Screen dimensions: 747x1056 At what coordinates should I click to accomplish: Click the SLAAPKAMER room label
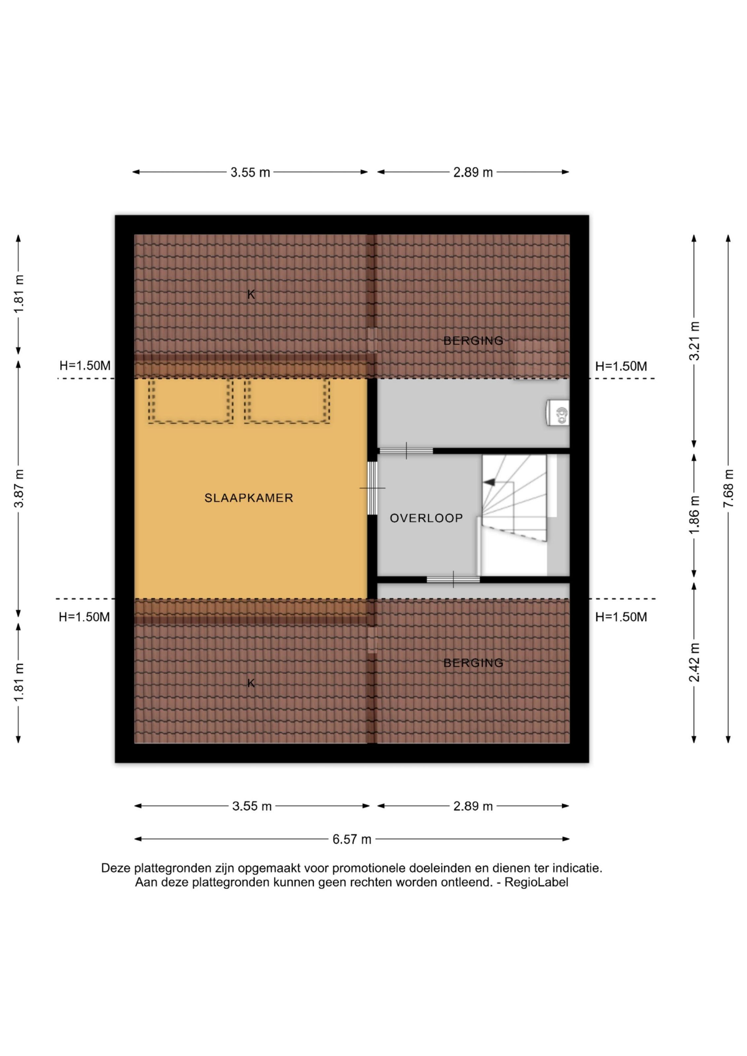click(249, 498)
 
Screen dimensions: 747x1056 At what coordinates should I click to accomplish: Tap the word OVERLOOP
click(426, 518)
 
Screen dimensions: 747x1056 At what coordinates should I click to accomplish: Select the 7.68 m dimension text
click(728, 488)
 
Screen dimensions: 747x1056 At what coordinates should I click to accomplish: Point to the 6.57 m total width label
click(352, 840)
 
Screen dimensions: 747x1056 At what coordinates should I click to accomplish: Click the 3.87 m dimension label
click(19, 488)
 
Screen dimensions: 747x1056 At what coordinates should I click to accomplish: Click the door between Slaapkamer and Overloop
click(372, 488)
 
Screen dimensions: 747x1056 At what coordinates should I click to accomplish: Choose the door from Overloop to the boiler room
click(406, 451)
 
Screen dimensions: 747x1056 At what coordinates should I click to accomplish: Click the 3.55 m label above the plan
click(250, 173)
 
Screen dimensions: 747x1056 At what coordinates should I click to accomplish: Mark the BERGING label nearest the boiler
click(473, 341)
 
